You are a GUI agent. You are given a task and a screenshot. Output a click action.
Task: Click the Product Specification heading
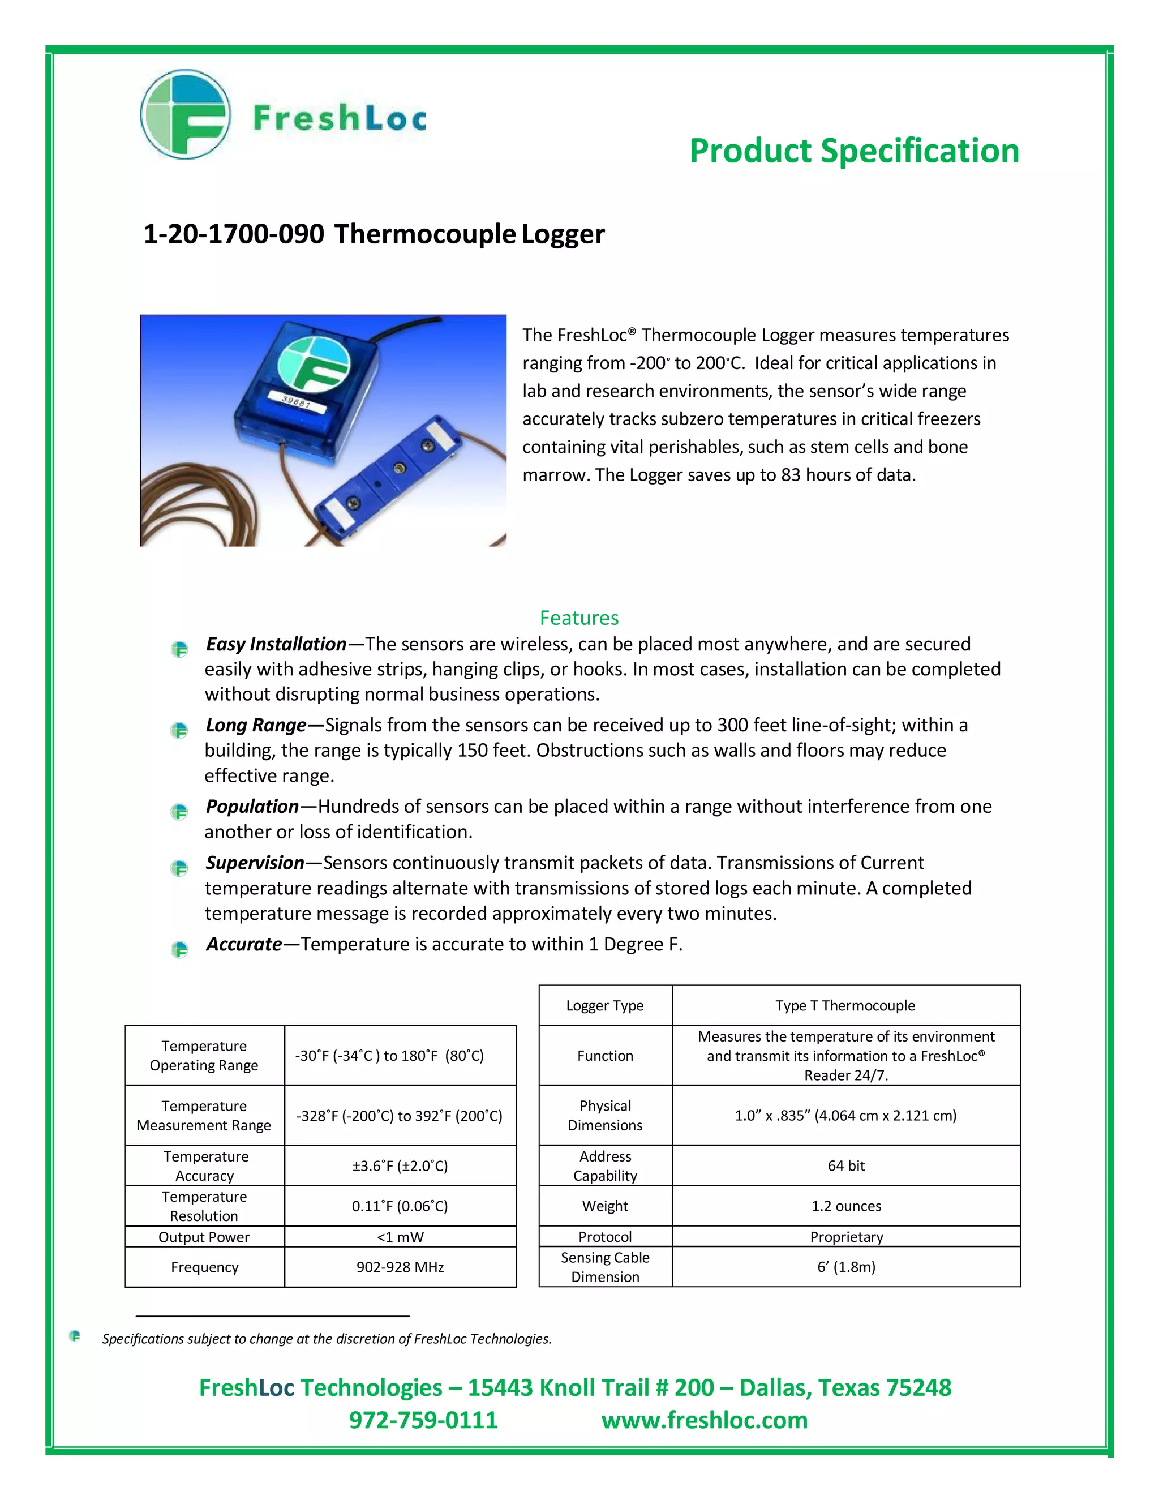(853, 151)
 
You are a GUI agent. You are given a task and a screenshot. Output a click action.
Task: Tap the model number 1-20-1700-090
(234, 234)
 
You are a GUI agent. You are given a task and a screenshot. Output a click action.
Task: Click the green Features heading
(579, 618)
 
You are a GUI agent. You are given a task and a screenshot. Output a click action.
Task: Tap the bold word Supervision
(255, 863)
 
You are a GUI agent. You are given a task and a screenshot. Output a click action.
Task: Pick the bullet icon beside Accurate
(179, 949)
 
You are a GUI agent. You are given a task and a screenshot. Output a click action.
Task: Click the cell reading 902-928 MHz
(400, 1267)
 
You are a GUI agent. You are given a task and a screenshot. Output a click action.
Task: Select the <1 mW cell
(400, 1237)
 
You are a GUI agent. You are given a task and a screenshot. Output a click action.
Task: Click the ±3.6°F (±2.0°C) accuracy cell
(400, 1165)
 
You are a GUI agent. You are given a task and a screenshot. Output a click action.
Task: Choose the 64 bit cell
(846, 1165)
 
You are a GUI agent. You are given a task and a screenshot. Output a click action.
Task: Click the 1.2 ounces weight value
(846, 1206)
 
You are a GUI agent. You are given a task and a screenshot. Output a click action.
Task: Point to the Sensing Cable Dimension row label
(605, 1267)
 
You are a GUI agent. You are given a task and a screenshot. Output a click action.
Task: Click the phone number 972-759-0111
(423, 1420)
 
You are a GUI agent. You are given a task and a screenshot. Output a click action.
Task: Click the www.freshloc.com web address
(705, 1420)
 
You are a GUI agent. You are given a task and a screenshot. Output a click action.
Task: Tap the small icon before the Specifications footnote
(75, 1336)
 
